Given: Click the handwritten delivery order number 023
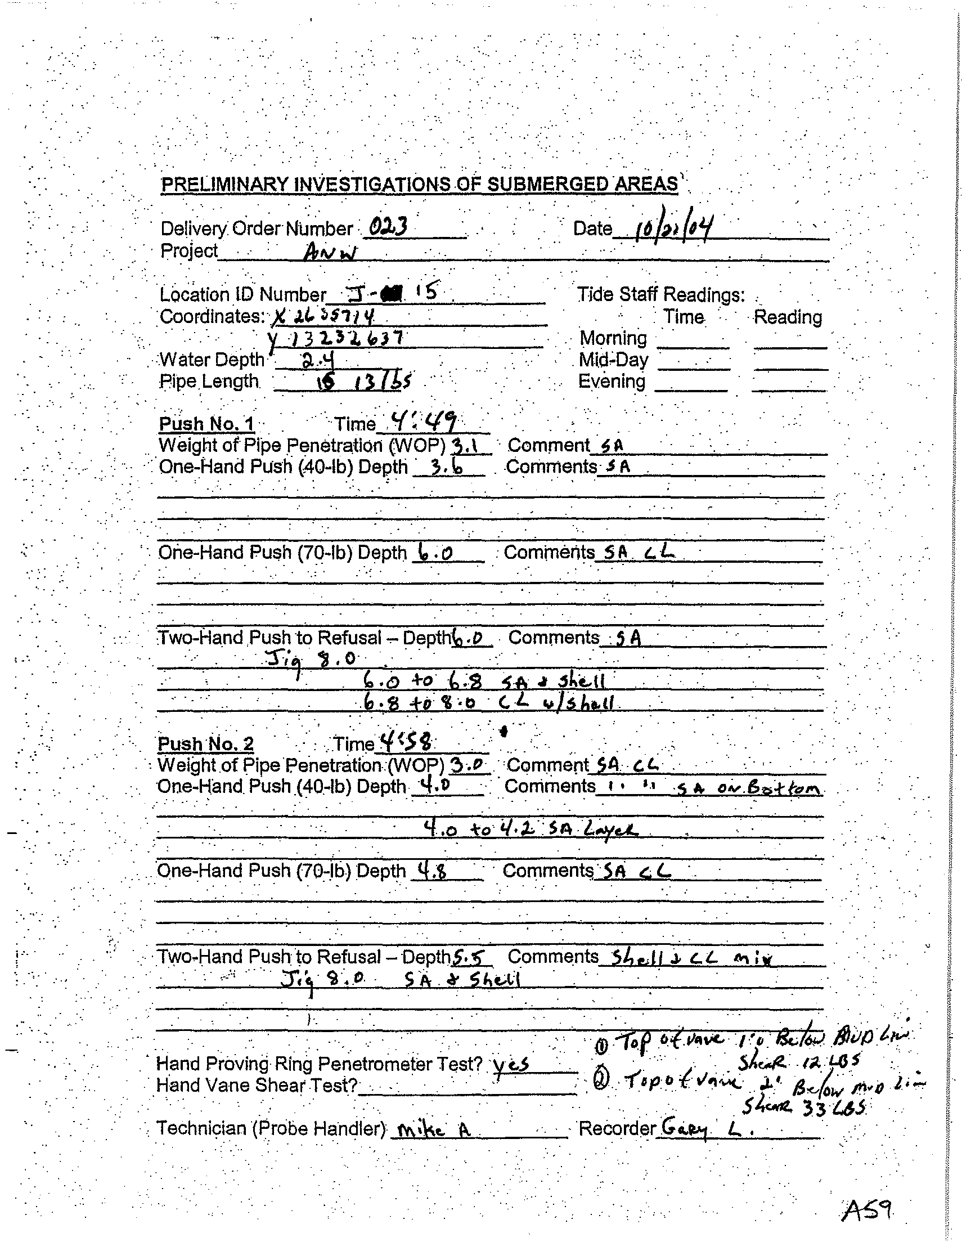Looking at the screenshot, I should tap(388, 228).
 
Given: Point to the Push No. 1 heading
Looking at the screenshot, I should tap(206, 424).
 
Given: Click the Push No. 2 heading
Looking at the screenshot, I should tap(205, 744).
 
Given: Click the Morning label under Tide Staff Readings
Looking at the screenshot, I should tap(613, 338).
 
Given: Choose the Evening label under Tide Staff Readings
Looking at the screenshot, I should tap(611, 381).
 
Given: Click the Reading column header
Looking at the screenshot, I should tap(788, 317).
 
